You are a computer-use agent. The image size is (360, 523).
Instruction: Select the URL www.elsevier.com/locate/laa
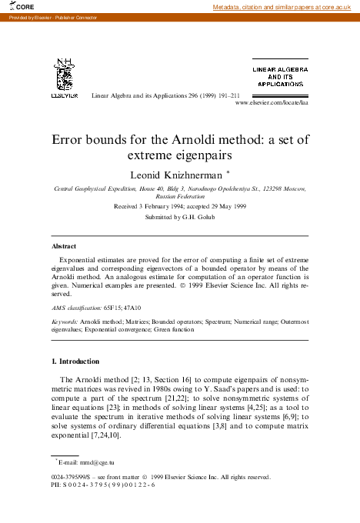271,102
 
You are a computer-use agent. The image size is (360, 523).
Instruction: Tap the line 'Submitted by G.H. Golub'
180,218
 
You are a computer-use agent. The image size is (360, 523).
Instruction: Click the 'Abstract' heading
63,246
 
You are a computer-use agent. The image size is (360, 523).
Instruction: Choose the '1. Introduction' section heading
80,361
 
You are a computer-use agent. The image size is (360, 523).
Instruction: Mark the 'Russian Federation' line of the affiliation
180,196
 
